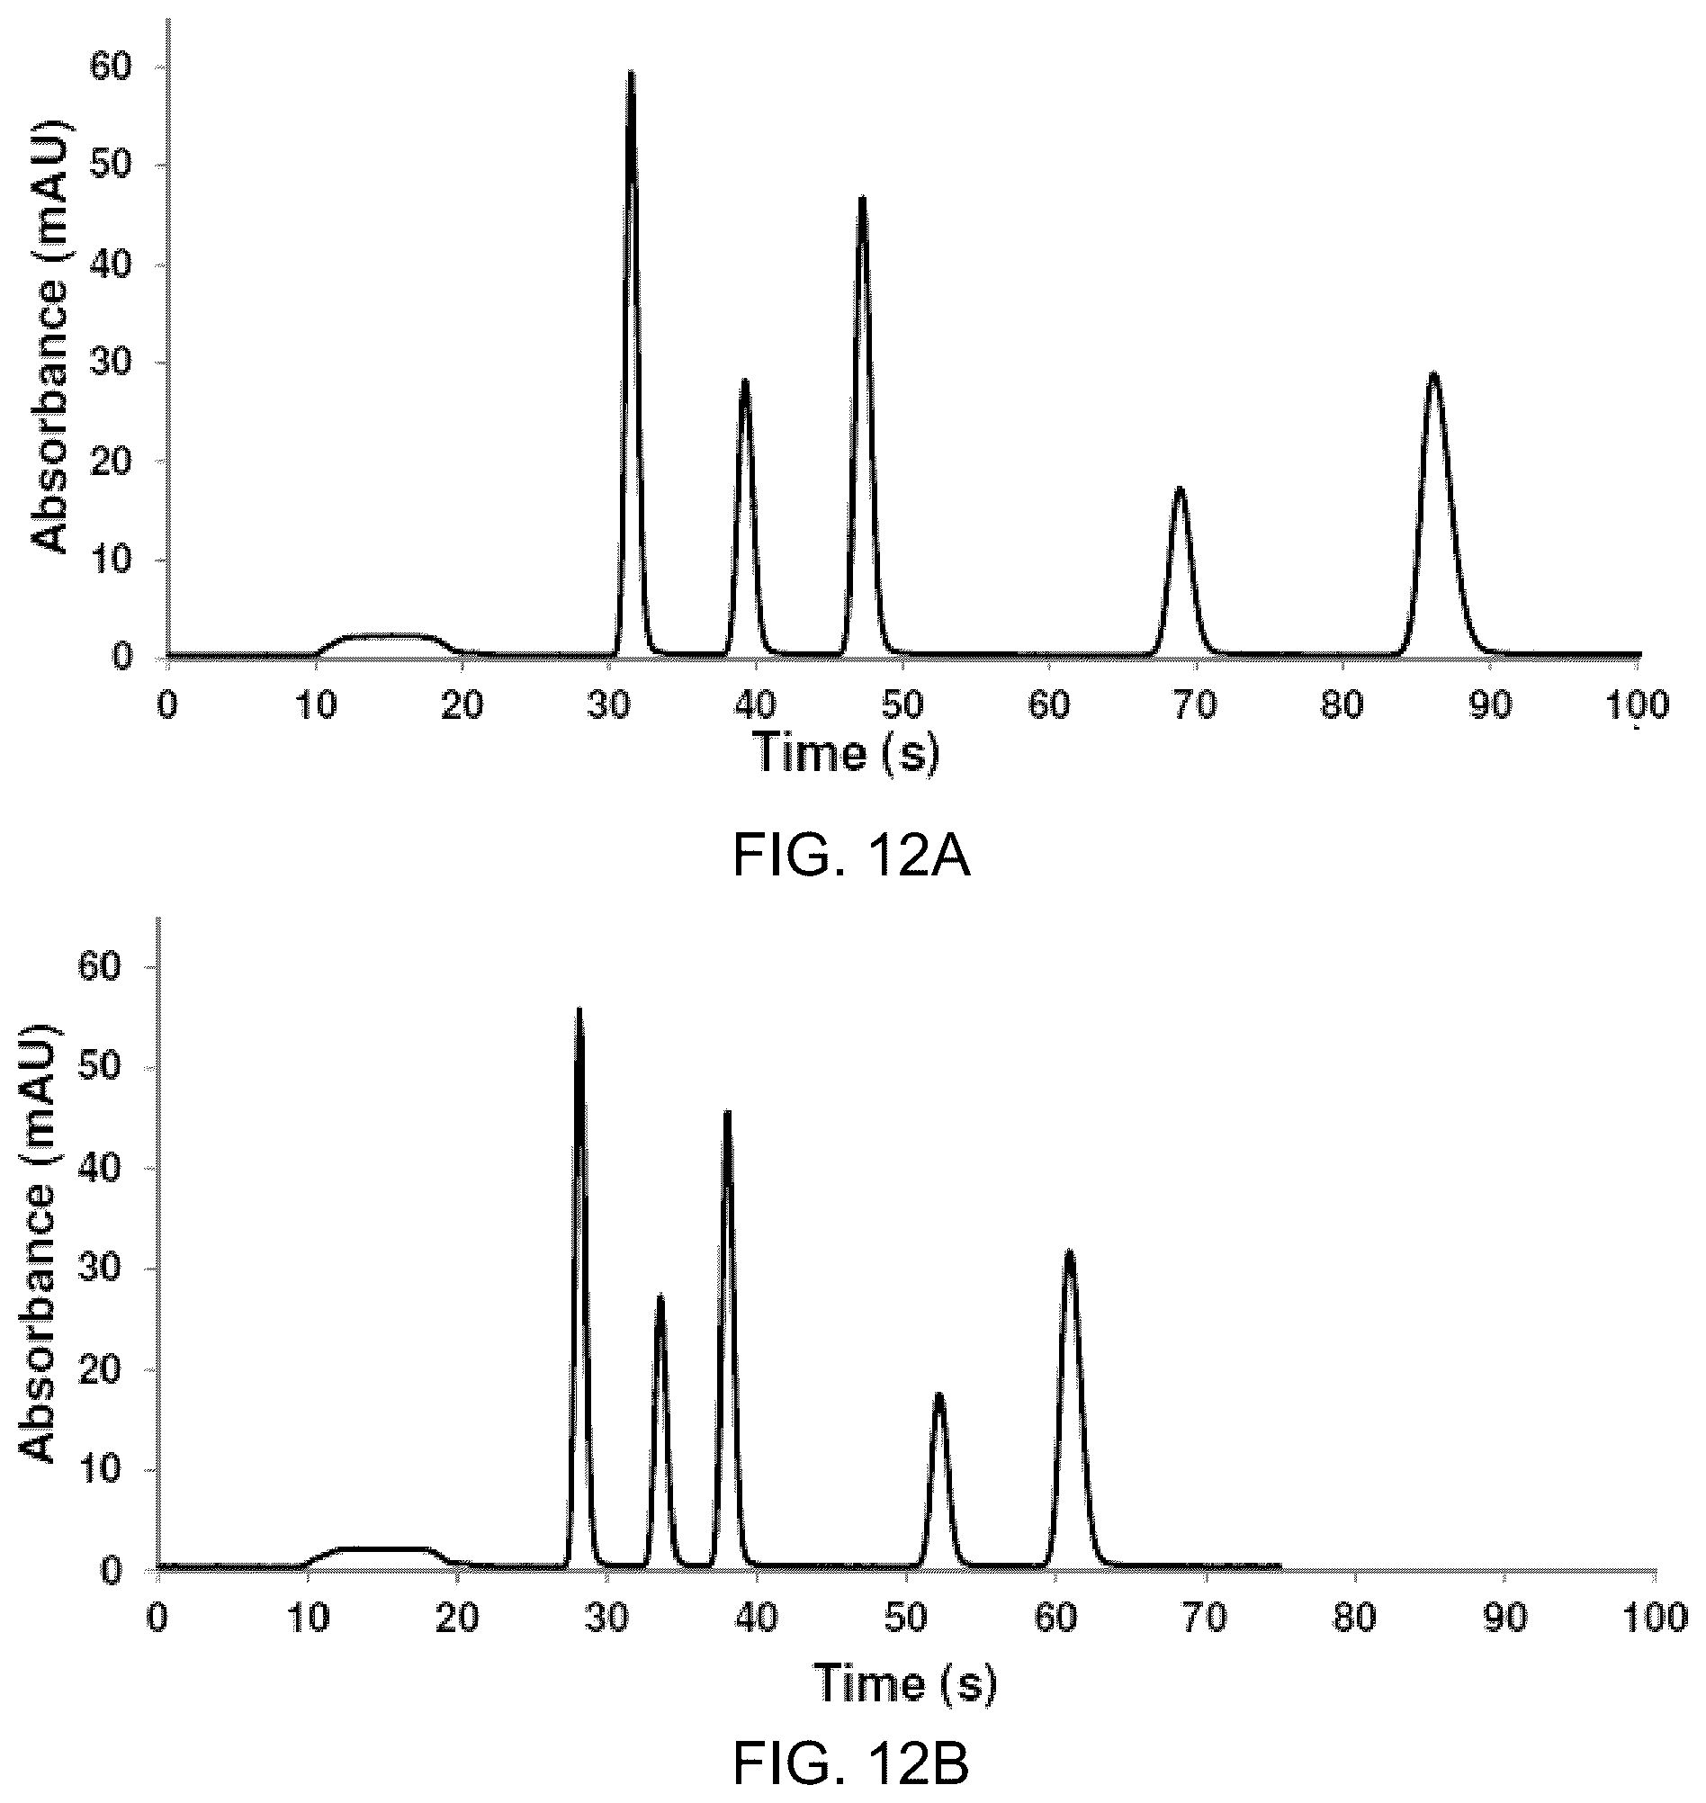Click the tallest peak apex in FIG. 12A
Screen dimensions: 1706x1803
coord(631,72)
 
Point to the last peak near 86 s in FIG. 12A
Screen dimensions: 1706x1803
coord(1434,373)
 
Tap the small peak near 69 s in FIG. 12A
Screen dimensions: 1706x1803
coord(1180,489)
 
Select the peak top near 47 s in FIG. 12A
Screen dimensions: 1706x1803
coord(862,197)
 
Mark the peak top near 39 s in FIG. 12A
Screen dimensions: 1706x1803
coord(745,380)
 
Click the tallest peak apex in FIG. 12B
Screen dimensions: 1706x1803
coord(579,1010)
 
